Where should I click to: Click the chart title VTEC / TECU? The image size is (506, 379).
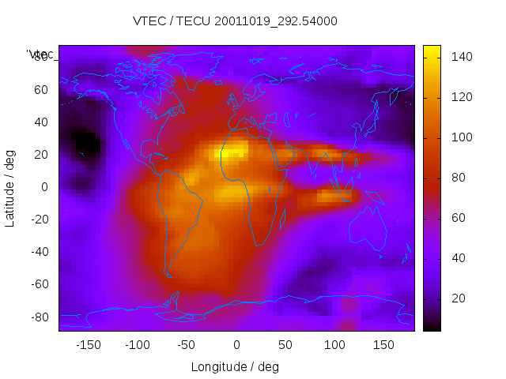point(235,21)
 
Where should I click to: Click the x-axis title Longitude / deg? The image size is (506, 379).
point(235,367)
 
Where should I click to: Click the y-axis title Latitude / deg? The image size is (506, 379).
point(10,188)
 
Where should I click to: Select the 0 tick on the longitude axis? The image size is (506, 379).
point(236,345)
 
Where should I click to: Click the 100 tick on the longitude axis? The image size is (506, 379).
point(334,345)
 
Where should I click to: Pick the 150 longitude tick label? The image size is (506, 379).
point(383,345)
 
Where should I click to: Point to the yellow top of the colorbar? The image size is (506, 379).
point(432,52)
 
